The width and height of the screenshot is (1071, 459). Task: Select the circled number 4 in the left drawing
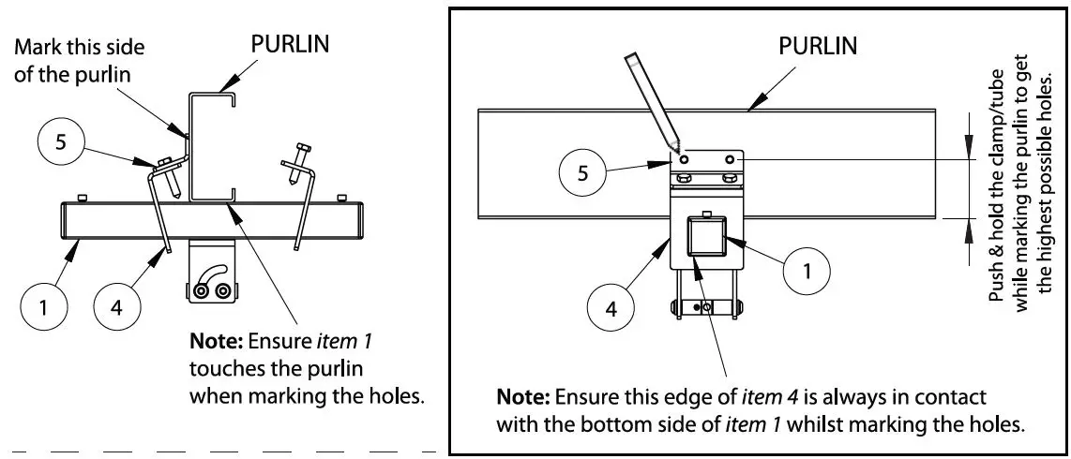[x=117, y=308]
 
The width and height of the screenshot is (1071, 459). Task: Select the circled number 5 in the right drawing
[x=583, y=175]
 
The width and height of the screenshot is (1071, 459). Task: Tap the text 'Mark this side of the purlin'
[x=80, y=60]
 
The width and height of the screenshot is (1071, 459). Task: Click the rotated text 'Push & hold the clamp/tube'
[x=996, y=183]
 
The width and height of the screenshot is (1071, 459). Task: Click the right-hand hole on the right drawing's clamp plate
[x=728, y=160]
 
